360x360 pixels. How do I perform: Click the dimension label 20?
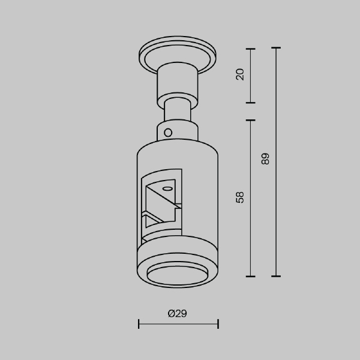pos(240,74)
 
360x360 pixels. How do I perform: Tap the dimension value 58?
pos(240,197)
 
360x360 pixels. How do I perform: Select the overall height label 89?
pos(265,158)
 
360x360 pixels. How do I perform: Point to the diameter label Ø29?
pos(177,313)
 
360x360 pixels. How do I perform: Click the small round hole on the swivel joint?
pos(168,133)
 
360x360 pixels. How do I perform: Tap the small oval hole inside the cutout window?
pos(167,189)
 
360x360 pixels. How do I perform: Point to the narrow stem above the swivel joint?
pos(177,110)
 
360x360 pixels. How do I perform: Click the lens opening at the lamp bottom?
pos(177,275)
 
